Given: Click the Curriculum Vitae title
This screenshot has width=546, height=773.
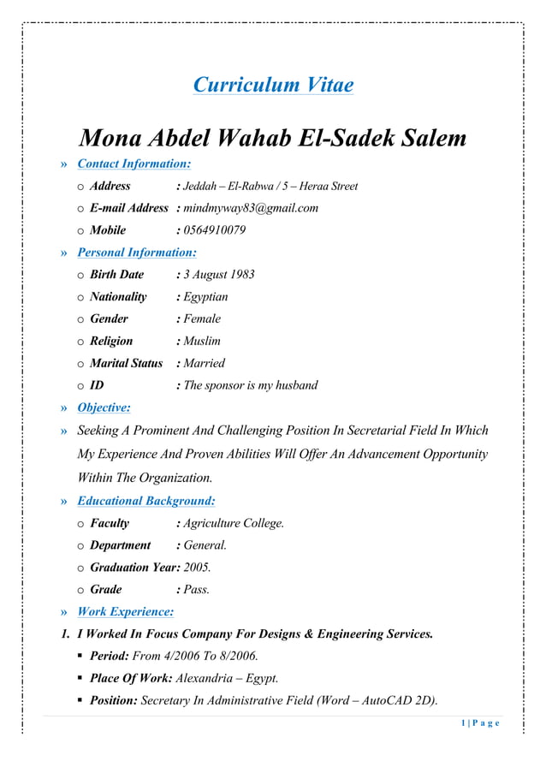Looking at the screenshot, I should pos(273,85).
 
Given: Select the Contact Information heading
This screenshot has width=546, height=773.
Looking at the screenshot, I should pos(134,164).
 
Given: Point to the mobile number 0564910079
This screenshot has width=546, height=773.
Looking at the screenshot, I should pos(215,230).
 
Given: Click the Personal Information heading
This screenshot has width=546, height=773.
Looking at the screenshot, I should pos(136,253).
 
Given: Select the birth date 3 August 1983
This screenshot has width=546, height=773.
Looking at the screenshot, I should pos(219,275).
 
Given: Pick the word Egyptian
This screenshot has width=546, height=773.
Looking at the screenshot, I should pos(205,297).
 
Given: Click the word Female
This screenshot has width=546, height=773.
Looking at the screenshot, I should pos(202,319).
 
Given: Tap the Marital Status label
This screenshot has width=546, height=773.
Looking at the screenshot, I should pos(126,364).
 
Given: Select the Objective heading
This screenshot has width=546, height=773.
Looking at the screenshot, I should pos(104,407).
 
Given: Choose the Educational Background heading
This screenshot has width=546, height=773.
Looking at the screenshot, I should pos(145,501).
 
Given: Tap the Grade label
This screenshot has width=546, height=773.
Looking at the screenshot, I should pos(106,590).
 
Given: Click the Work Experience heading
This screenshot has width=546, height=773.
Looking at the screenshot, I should pos(125,612).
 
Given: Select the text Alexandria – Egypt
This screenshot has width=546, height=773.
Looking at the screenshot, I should pos(227,679).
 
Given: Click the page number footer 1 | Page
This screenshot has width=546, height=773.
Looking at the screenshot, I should pos(479,724).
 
